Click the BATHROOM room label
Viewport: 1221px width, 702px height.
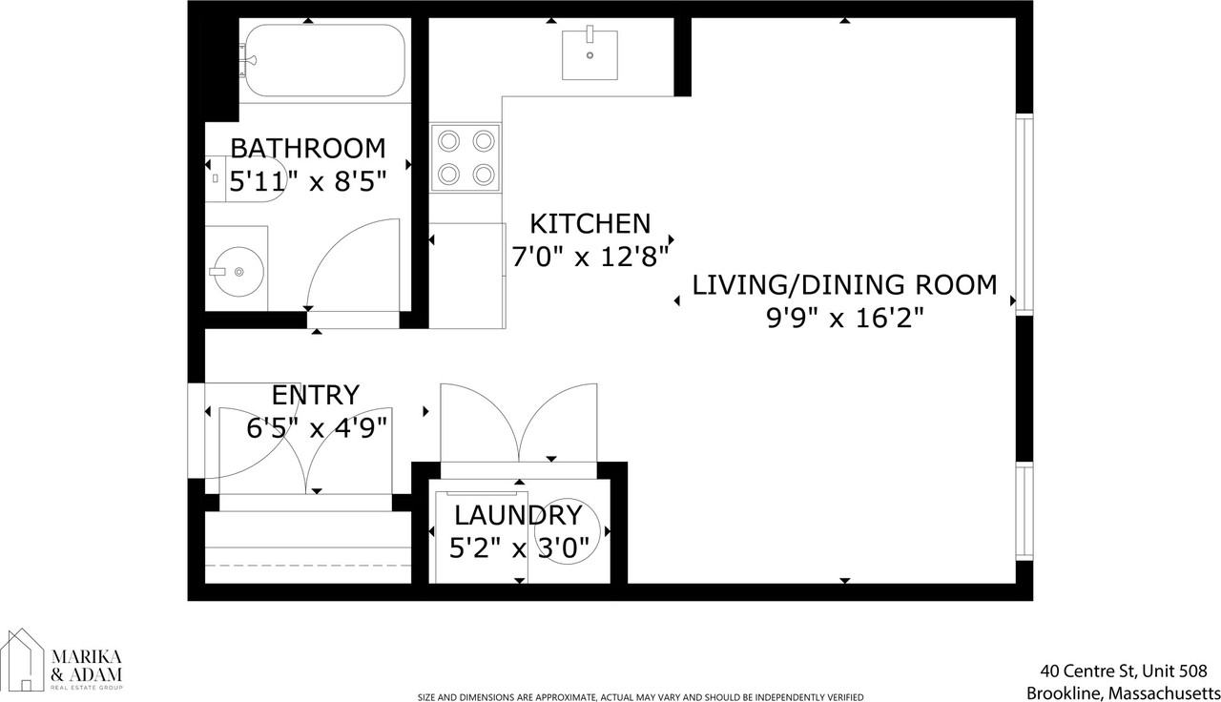[308, 149]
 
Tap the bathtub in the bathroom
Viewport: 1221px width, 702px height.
[324, 60]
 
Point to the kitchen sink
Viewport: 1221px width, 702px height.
[590, 54]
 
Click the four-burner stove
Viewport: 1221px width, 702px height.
[466, 158]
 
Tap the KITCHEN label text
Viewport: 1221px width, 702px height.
[590, 224]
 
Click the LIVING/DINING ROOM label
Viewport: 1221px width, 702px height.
[844, 284]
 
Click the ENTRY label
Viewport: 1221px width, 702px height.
[315, 395]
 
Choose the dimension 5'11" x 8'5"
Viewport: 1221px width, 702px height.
[308, 180]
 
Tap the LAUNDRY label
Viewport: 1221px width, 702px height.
[517, 516]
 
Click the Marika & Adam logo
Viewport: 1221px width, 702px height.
[63, 660]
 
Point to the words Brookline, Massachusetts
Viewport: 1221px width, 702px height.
[1123, 692]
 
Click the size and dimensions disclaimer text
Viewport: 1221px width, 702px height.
[640, 697]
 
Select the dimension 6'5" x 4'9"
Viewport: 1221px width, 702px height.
[317, 427]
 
